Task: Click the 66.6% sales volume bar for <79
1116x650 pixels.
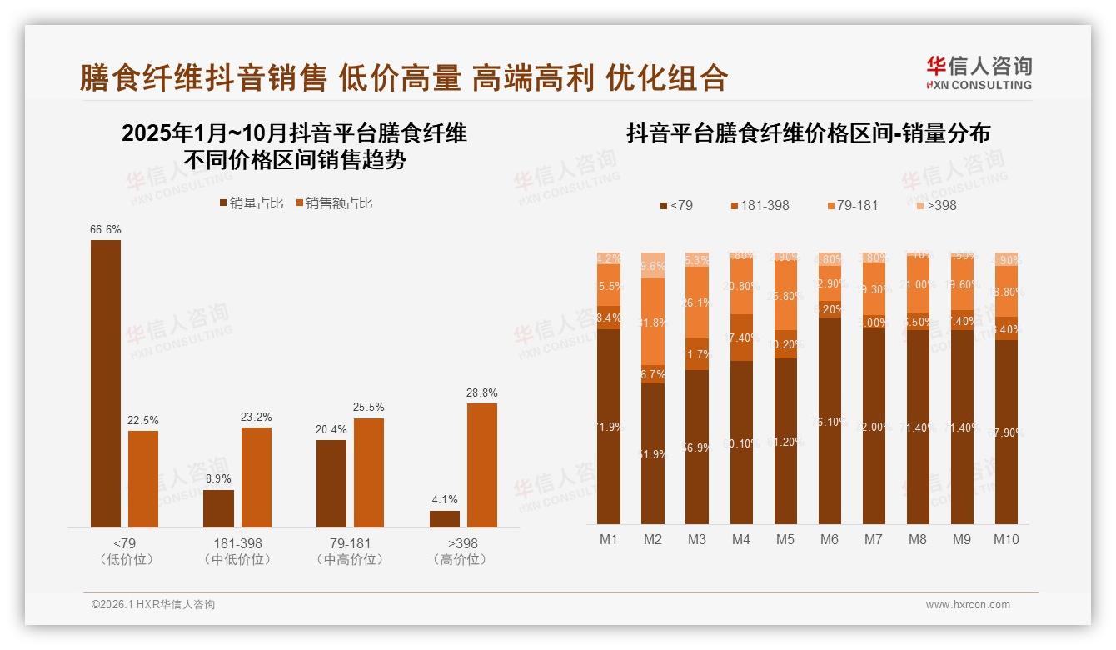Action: coord(106,383)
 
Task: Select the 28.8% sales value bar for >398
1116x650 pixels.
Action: coord(481,465)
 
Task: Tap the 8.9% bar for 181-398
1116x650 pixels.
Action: coord(218,508)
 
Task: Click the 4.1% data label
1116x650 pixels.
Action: coord(445,500)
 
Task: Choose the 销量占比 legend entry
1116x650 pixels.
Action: coord(251,203)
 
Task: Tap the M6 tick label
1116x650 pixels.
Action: coord(829,539)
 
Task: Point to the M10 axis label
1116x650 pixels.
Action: coord(1006,539)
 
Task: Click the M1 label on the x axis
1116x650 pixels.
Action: coord(609,539)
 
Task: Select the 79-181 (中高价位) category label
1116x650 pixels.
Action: coord(350,552)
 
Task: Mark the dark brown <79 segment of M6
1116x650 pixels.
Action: coord(829,421)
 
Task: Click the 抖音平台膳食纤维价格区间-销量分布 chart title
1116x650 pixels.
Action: coord(808,133)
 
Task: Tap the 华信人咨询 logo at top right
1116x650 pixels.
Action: coord(979,73)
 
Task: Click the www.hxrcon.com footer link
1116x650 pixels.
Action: coord(968,605)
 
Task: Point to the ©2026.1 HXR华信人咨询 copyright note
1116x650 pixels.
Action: coord(153,605)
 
